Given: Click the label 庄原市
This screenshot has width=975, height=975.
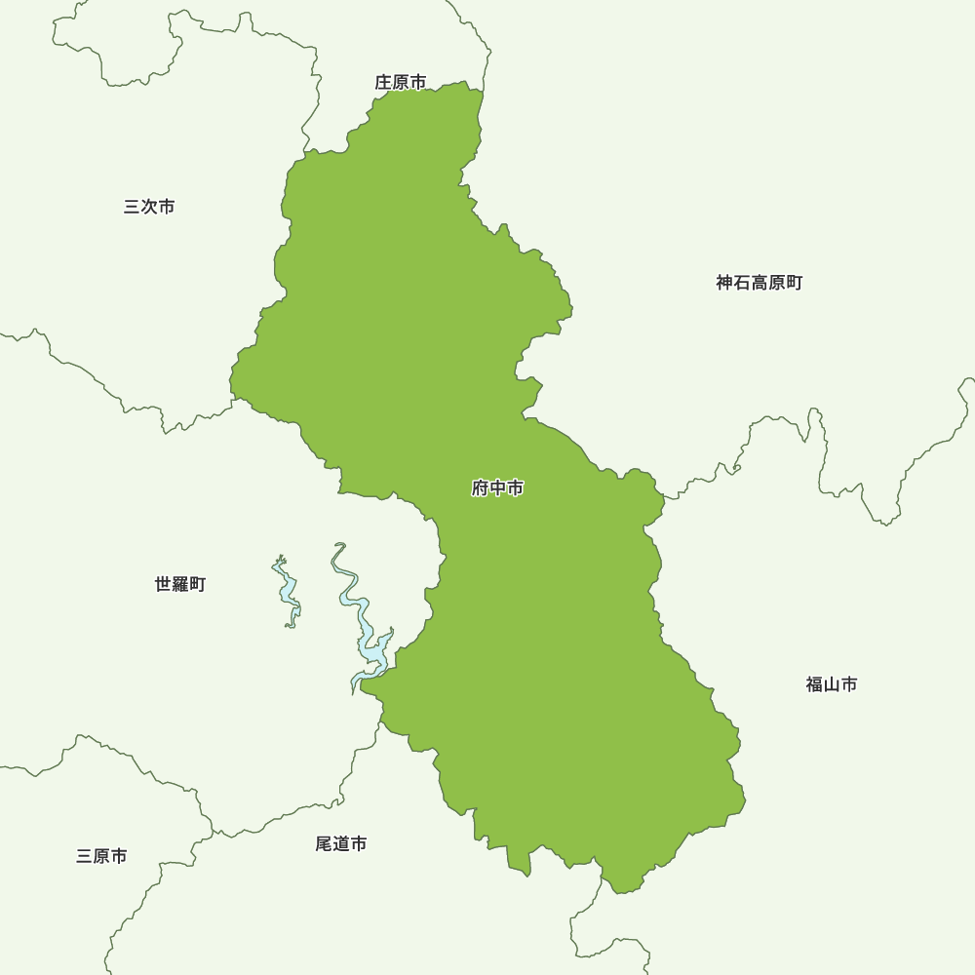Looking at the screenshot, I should pos(401,83).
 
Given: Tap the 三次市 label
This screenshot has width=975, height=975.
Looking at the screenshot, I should pos(149,207).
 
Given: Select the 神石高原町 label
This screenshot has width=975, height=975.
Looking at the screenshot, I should pos(760,283).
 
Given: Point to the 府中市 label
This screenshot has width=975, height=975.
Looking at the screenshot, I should pos(497,488).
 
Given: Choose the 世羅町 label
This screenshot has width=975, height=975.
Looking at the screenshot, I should pos(180,584).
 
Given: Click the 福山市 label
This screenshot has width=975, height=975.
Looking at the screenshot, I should pos(832,684).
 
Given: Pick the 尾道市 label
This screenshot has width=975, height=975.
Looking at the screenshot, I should pos(341,843).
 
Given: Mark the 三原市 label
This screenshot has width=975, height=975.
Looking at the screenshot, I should pos(101,856).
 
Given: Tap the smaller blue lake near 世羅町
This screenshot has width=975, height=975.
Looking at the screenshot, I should pos(287,590).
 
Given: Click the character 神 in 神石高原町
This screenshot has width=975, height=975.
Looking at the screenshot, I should pos(724,283).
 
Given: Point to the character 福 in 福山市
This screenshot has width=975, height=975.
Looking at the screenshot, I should pos(815,684).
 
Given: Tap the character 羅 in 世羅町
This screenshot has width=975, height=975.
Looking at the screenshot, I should pos(180,584).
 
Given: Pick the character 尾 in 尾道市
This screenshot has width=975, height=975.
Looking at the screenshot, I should pos(325,843).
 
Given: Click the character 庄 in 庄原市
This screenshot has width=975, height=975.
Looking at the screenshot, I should pos(384,83).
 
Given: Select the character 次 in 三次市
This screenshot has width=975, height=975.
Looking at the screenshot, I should pos(149,207).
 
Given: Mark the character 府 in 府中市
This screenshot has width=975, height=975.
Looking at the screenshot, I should pos(481,488).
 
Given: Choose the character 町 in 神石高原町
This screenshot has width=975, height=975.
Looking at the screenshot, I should pos(795,283).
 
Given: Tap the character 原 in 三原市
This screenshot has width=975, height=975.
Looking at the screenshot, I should pos(101,856).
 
